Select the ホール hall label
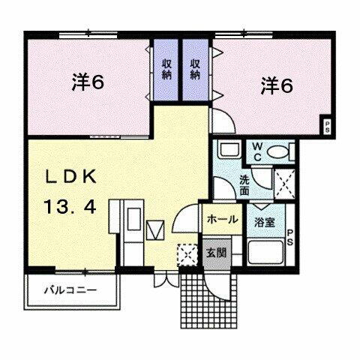tap(223, 220)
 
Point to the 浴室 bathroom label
tap(263, 221)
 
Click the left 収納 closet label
tap(166, 69)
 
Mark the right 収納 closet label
tap(195, 69)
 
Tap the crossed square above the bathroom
tap(284, 182)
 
